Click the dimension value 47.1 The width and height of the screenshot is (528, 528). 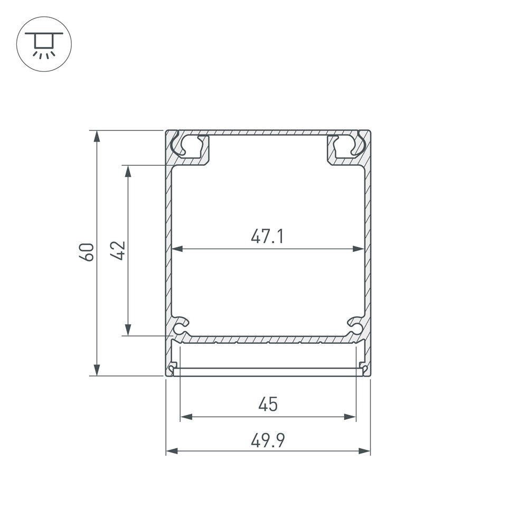coord(267,236)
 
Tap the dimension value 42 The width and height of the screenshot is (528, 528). coord(118,250)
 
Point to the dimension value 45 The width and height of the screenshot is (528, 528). coord(268,404)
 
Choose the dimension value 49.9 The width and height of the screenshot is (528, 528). coord(268,440)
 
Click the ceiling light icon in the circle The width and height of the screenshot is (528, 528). coord(44,44)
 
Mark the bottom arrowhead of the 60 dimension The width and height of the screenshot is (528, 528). coord(97,370)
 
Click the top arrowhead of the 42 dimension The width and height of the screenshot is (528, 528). coord(128,172)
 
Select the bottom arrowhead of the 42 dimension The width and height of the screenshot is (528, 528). coord(128,329)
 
